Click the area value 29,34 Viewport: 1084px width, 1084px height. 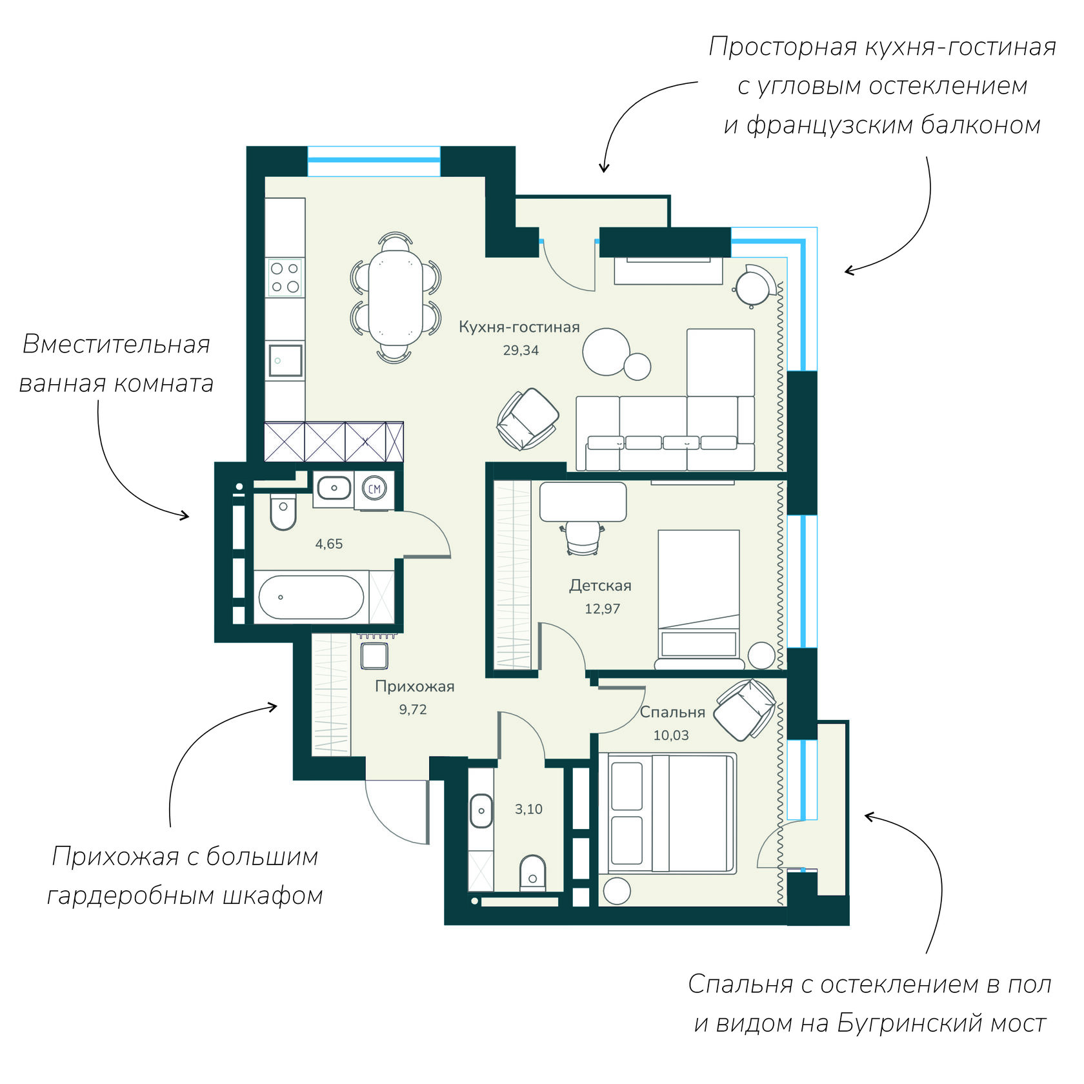click(x=521, y=351)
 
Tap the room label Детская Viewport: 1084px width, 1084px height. click(x=600, y=586)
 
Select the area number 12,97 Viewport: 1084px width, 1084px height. click(x=602, y=609)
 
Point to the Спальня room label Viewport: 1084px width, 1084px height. click(x=672, y=712)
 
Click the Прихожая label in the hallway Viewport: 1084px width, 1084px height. click(x=415, y=686)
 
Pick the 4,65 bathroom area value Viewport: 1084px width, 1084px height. click(x=328, y=544)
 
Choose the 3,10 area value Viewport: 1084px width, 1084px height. click(x=528, y=809)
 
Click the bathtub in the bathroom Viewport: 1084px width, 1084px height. click(x=311, y=597)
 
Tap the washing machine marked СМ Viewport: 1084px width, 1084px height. click(x=374, y=489)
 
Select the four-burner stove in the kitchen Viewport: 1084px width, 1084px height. click(x=285, y=278)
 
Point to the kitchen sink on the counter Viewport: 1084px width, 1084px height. click(x=285, y=361)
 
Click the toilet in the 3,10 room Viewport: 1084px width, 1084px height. click(x=532, y=872)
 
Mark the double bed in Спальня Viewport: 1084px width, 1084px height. click(x=668, y=813)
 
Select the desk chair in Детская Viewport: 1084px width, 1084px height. click(x=582, y=538)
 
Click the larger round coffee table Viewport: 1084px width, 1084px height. click(x=606, y=352)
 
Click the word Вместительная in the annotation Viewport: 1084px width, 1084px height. click(x=116, y=344)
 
